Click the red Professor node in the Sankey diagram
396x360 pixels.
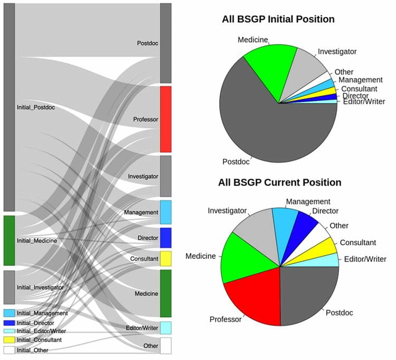point(165,119)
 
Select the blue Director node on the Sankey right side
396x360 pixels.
point(165,238)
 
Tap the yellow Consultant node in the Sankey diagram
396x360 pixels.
point(165,259)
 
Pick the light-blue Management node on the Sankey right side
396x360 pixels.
point(165,212)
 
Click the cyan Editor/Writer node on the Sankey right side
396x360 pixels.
point(165,328)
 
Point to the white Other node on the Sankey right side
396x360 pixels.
point(165,345)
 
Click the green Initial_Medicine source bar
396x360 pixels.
point(9,240)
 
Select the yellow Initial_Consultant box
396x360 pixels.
point(9,339)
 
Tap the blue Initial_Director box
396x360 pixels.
point(9,322)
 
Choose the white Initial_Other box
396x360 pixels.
point(9,349)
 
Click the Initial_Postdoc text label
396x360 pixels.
point(36,107)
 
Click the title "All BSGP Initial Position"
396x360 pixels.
point(278,20)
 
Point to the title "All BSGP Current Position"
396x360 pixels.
point(279,183)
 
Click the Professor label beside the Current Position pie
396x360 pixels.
point(225,319)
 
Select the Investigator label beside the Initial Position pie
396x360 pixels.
point(337,51)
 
